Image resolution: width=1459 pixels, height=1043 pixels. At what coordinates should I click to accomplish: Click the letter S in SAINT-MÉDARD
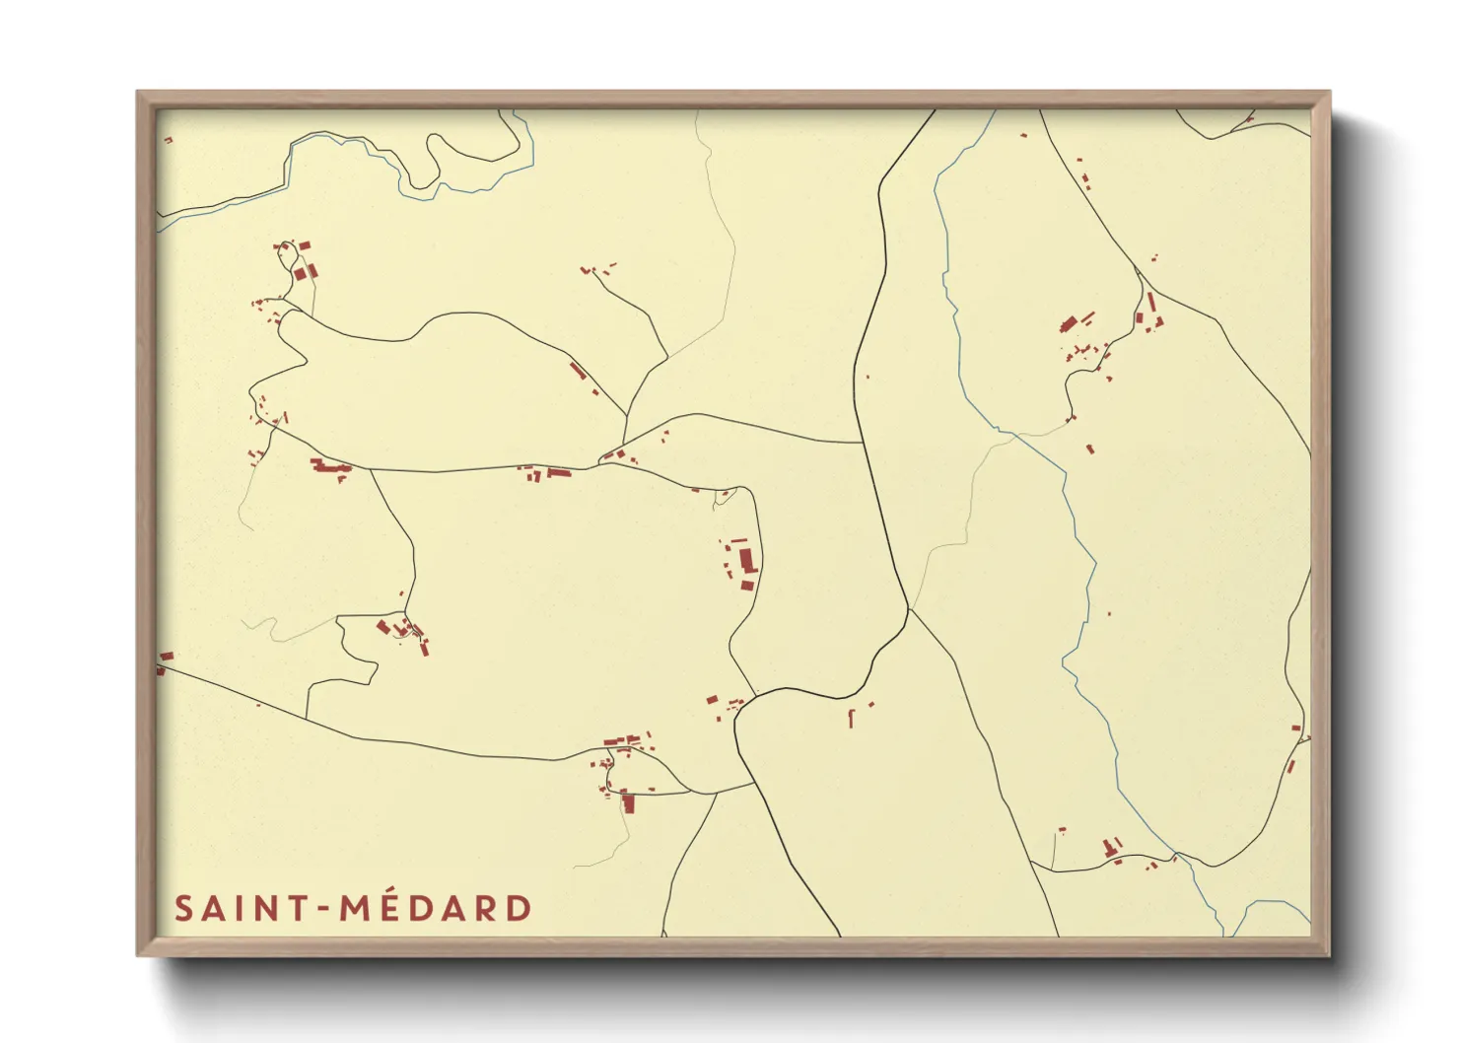[x=182, y=908]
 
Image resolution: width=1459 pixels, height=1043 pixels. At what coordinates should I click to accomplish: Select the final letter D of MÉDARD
[x=520, y=908]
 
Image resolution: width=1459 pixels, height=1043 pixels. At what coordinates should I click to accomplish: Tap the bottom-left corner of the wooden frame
[x=138, y=954]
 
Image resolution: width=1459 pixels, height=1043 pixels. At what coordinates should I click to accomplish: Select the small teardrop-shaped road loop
[x=725, y=498]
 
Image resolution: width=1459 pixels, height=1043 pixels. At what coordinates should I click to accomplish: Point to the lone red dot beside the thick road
[x=868, y=376]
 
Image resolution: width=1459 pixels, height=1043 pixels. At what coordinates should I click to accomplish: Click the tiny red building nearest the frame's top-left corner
[x=168, y=140]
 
